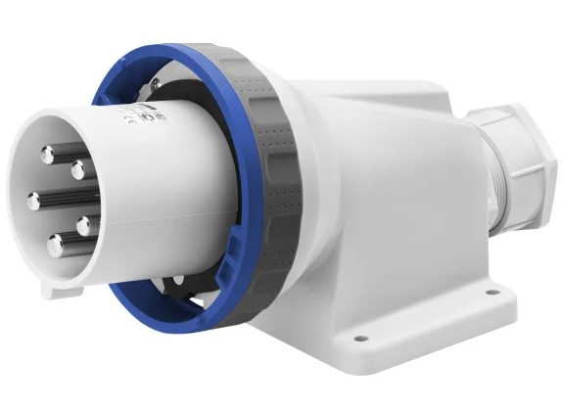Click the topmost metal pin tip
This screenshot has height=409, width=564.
[x=48, y=153]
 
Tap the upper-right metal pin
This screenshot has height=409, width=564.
[x=78, y=169]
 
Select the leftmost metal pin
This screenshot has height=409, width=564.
[x=34, y=202]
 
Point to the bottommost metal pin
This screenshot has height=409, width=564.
[x=56, y=246]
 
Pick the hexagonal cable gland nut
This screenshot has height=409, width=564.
[x=509, y=157]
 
